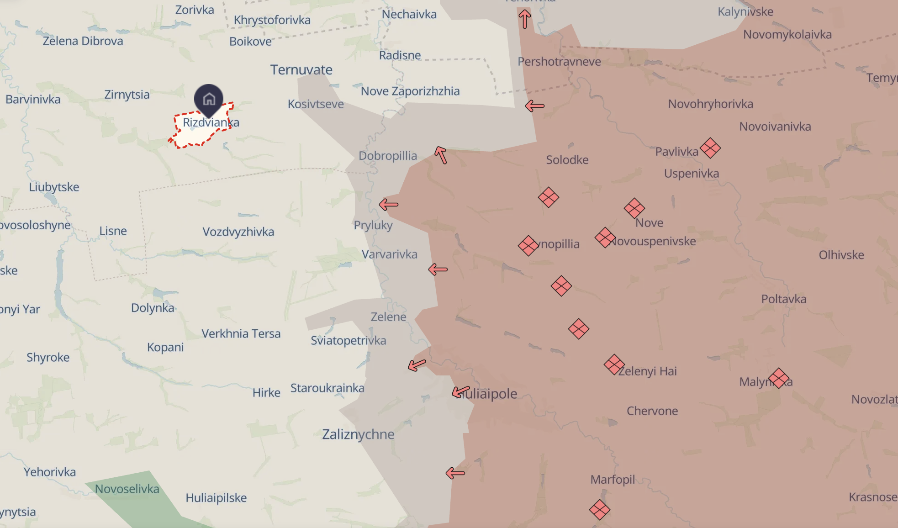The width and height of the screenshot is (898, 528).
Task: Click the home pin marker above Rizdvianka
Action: pyautogui.click(x=209, y=98)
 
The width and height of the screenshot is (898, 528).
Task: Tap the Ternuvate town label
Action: pyautogui.click(x=301, y=70)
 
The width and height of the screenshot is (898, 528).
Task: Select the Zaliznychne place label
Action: pyautogui.click(x=358, y=434)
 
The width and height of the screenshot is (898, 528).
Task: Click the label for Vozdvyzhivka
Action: pyautogui.click(x=238, y=232)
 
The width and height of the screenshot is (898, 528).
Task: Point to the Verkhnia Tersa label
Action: pyautogui.click(x=241, y=334)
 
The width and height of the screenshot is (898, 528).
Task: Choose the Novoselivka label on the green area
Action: pyautogui.click(x=127, y=489)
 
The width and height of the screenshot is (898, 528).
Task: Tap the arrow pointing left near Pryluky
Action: pyautogui.click(x=389, y=205)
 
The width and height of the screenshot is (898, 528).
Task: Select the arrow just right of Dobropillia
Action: pyautogui.click(x=441, y=155)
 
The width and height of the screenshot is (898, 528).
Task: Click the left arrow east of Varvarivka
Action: pyautogui.click(x=438, y=269)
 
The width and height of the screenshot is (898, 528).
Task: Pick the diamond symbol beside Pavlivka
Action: pyautogui.click(x=710, y=148)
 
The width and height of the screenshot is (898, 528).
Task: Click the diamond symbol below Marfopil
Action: pyautogui.click(x=599, y=510)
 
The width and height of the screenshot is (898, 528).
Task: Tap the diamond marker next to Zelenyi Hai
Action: pyautogui.click(x=614, y=364)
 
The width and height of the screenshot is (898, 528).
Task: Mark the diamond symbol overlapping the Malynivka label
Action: pyautogui.click(x=779, y=378)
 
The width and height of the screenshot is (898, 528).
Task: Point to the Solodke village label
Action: pyautogui.click(x=567, y=160)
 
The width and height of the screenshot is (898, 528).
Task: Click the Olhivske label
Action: pyautogui.click(x=841, y=255)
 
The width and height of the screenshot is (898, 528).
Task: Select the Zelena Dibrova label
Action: pyautogui.click(x=83, y=42)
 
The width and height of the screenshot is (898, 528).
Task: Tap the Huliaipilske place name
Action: pyautogui.click(x=216, y=498)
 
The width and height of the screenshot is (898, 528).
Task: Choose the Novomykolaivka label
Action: pyautogui.click(x=787, y=35)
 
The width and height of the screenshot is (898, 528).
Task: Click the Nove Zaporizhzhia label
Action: pyautogui.click(x=410, y=91)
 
